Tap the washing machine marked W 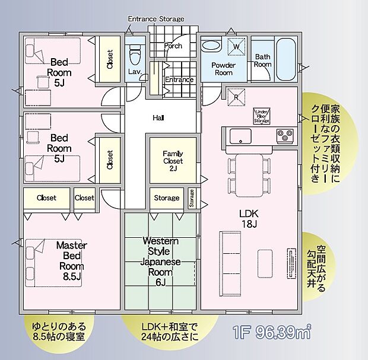click(236, 46)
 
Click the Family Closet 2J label click(173, 161)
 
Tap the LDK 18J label click(248, 218)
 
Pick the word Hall click(158, 118)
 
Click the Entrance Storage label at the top click(156, 19)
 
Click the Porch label click(173, 46)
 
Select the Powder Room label click(223, 69)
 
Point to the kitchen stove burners click(284, 136)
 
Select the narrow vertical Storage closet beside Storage click(192, 198)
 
